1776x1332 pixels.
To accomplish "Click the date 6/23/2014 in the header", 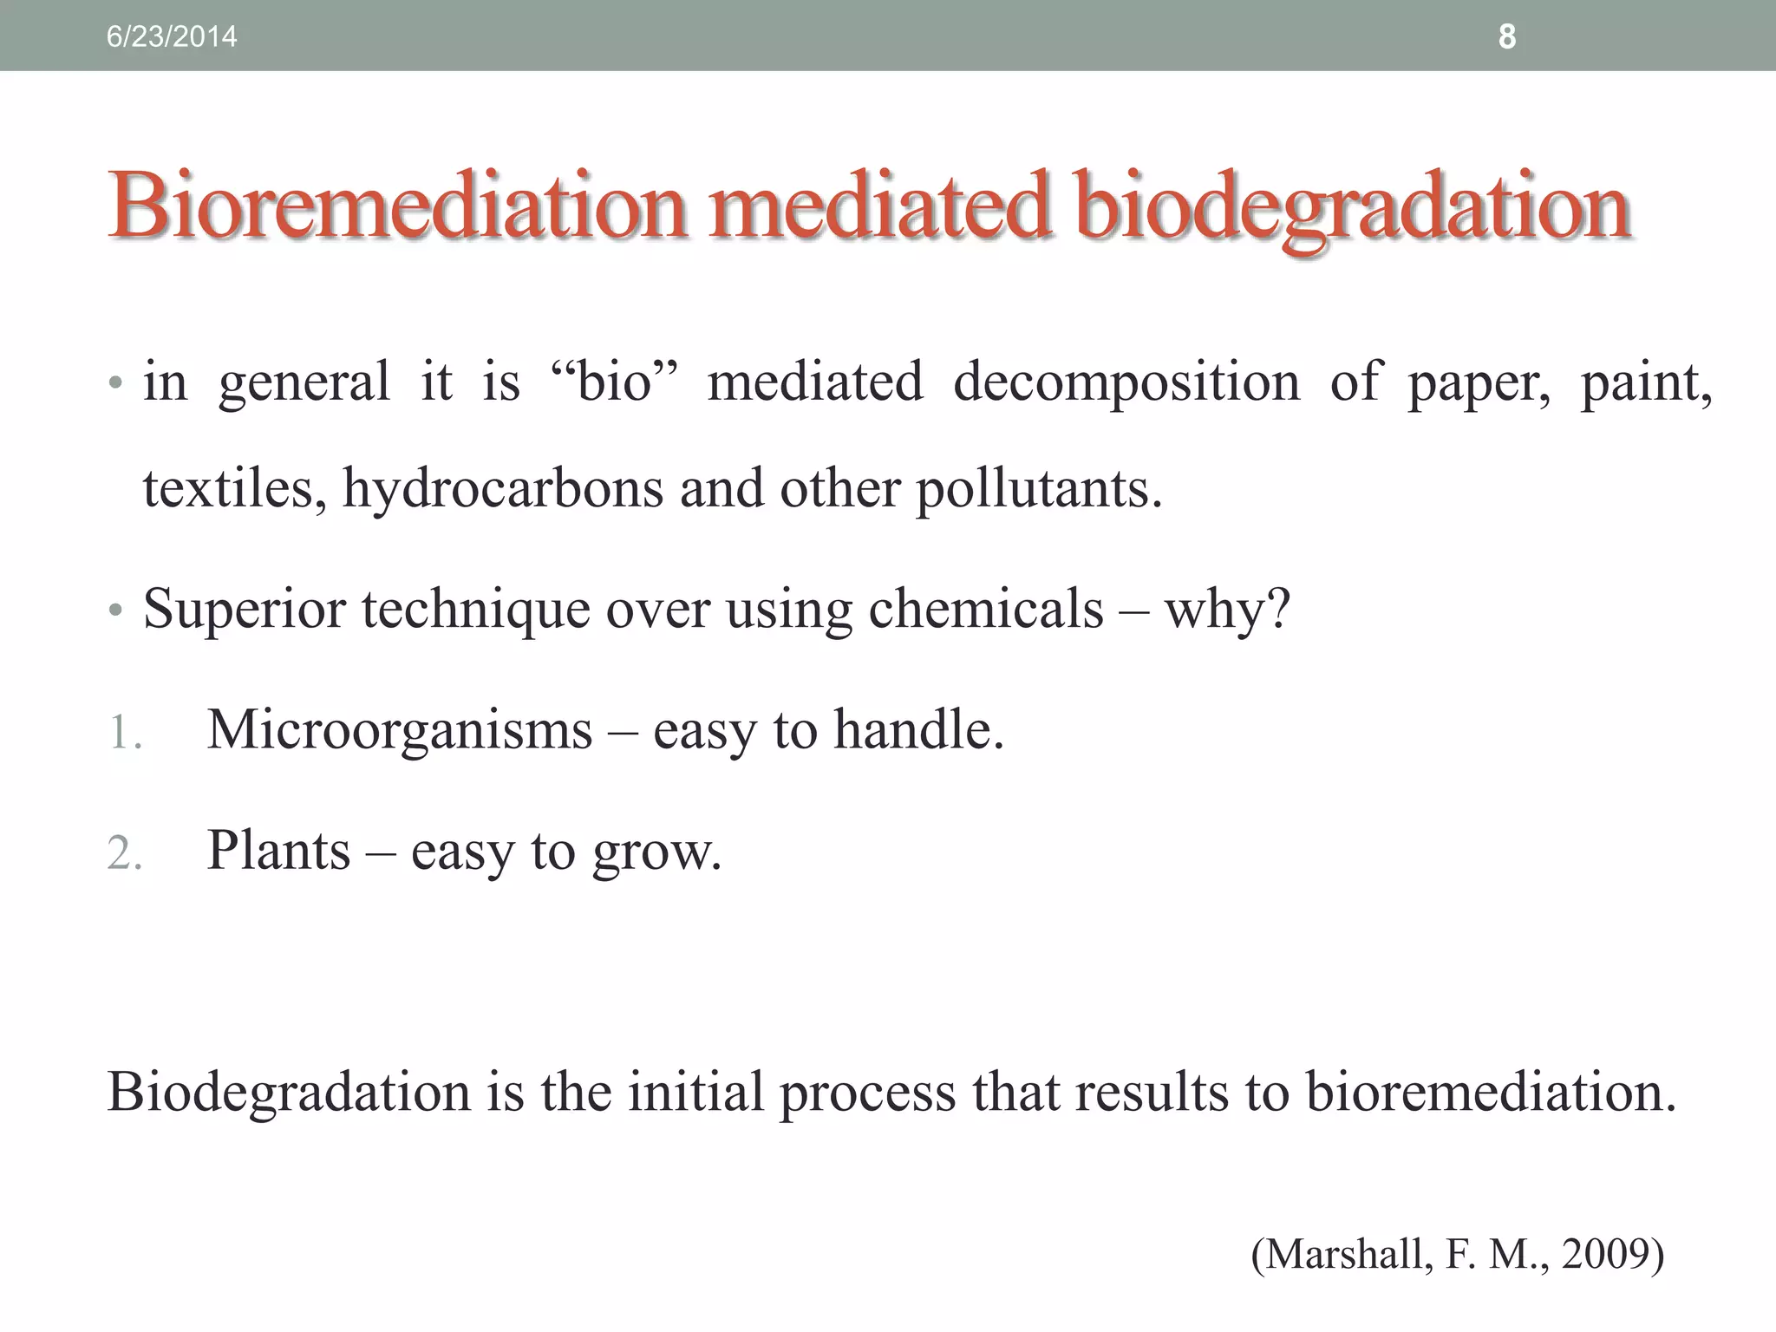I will point(171,36).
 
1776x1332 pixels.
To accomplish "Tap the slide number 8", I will point(1507,36).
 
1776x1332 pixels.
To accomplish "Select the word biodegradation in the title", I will point(1353,206).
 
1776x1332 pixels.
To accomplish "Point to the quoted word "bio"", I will point(614,382).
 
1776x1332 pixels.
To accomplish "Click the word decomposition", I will point(1126,382).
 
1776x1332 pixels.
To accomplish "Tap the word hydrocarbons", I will point(503,488).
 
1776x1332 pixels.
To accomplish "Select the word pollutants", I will point(1038,488).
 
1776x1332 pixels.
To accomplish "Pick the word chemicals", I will point(986,609).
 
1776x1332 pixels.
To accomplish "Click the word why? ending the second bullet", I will point(1228,609).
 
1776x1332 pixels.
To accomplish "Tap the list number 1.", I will point(124,733).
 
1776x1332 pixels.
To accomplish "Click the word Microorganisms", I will point(399,729).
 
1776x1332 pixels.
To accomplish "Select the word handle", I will point(918,729).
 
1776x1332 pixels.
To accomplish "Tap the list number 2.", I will point(124,853).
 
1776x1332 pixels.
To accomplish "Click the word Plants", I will point(278,850).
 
